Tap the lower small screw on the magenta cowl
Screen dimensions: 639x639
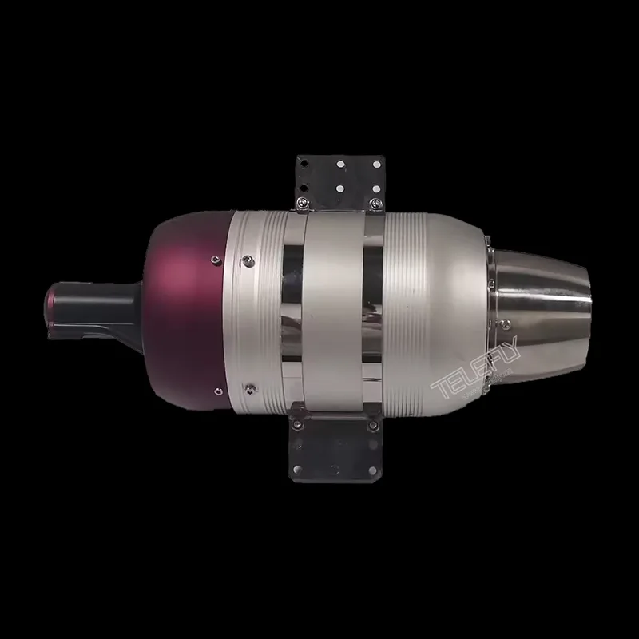(x=215, y=390)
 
